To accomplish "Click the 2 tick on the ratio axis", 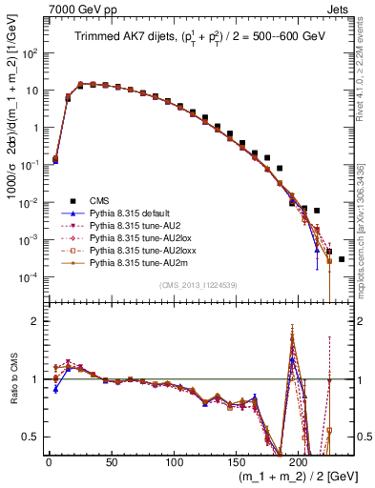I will click(34, 321).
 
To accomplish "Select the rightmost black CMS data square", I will click(341, 259).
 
